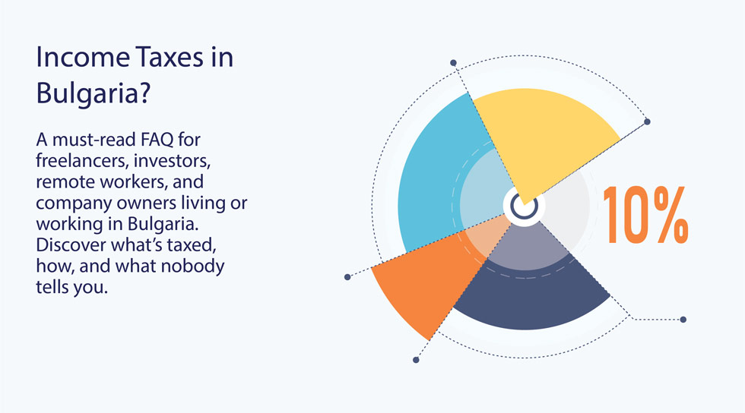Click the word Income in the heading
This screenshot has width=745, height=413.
click(83, 57)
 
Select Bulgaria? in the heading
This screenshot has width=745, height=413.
click(93, 93)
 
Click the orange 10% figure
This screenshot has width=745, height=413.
click(645, 215)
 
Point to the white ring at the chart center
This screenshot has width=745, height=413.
click(524, 206)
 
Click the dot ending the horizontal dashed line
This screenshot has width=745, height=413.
click(683, 320)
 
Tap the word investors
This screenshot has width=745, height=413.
click(172, 160)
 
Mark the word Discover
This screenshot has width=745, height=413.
click(71, 244)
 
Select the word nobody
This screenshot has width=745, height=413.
click(192, 266)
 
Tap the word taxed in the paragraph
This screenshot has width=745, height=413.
click(192, 245)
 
